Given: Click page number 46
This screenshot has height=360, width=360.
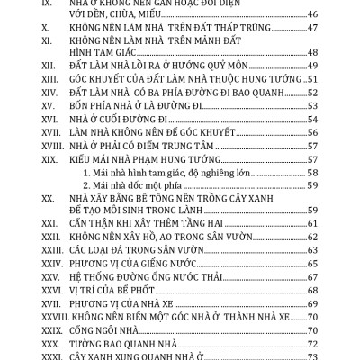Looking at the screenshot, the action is (x=314, y=41).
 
